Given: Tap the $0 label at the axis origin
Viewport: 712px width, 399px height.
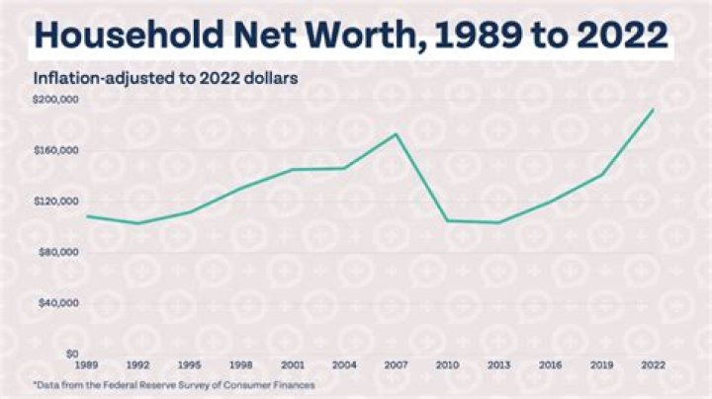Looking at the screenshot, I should [70, 354].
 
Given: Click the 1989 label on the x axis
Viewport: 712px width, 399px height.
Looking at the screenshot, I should [87, 365].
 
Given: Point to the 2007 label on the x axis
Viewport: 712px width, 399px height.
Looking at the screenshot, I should [396, 365].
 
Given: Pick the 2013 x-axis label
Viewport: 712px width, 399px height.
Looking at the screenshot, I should [498, 365].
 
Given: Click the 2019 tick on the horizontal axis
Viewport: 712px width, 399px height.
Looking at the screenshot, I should [601, 365].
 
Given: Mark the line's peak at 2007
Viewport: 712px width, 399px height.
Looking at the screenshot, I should [396, 134].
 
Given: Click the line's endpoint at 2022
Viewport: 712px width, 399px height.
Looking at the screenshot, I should [653, 110].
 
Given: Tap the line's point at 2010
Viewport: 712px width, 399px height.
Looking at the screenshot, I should [447, 220].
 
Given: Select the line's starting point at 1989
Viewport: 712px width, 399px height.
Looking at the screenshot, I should [87, 215].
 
